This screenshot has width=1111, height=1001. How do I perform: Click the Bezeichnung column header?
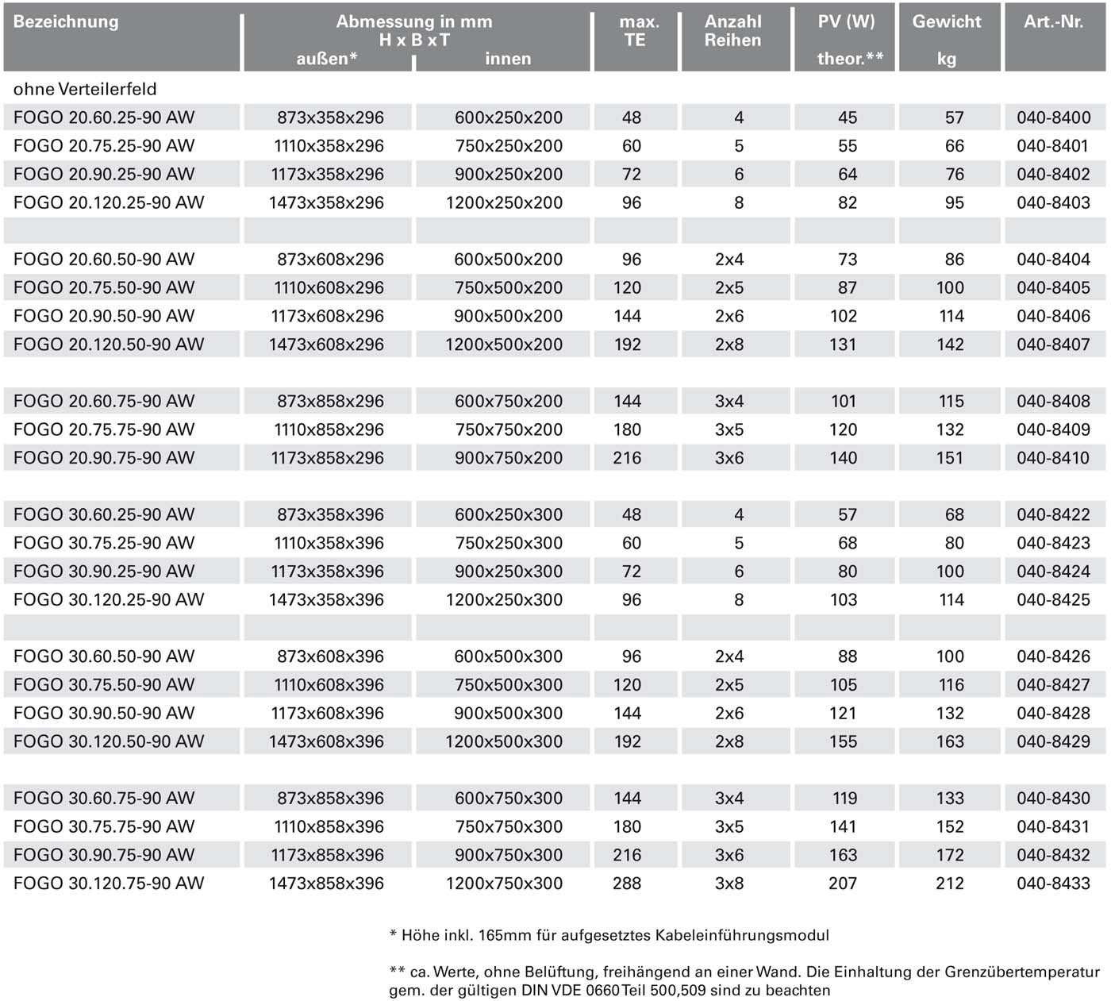pyautogui.click(x=66, y=21)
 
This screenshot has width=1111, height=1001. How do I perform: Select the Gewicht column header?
pyautogui.click(x=947, y=21)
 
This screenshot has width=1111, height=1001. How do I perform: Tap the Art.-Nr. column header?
pyautogui.click(x=1053, y=21)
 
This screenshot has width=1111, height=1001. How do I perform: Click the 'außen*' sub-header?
pyautogui.click(x=327, y=59)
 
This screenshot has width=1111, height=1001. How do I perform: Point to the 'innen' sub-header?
pyautogui.click(x=508, y=59)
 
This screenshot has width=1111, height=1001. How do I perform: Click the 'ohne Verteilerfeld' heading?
pyautogui.click(x=85, y=89)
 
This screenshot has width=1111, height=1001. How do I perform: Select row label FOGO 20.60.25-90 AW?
pyautogui.click(x=104, y=117)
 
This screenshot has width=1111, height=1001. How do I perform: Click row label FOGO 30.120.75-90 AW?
pyautogui.click(x=109, y=884)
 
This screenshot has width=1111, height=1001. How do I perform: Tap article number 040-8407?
pyautogui.click(x=1053, y=345)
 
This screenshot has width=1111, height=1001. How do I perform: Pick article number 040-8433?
pyautogui.click(x=1053, y=884)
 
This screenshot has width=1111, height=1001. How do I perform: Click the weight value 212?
pyautogui.click(x=950, y=884)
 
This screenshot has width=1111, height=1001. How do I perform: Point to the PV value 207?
pyautogui.click(x=843, y=884)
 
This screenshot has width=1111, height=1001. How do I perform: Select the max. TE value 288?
pyautogui.click(x=627, y=884)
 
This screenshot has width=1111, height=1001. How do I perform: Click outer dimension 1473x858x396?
pyautogui.click(x=326, y=884)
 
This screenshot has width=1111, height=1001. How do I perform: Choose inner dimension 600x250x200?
pyautogui.click(x=509, y=117)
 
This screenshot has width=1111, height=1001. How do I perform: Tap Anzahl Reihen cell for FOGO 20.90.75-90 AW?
pyautogui.click(x=729, y=458)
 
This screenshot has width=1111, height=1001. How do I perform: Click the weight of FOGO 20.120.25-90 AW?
pyautogui.click(x=954, y=203)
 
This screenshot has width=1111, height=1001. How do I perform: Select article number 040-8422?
pyautogui.click(x=1053, y=514)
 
